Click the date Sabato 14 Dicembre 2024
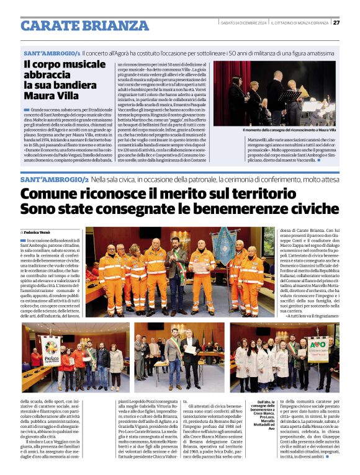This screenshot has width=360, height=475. tap(243, 23)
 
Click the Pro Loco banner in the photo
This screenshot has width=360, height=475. tap(51, 351)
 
